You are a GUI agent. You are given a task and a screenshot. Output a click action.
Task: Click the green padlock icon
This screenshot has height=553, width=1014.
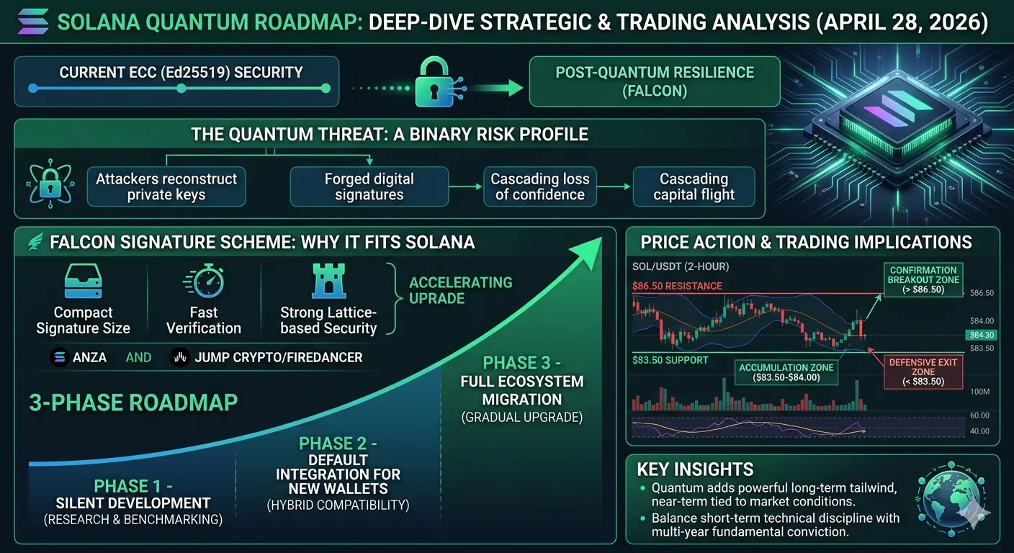[434, 82]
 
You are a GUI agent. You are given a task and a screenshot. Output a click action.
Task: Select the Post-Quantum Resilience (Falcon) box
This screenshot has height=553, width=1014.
[655, 81]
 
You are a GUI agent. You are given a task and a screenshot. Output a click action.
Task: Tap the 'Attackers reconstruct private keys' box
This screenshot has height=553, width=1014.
[166, 186]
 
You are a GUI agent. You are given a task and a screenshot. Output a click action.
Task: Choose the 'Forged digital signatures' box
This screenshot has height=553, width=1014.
[369, 186]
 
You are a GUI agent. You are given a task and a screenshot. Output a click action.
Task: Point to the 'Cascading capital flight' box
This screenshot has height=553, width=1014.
[694, 186]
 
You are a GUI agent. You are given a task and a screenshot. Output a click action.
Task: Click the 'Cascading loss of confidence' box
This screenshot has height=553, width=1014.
[539, 186]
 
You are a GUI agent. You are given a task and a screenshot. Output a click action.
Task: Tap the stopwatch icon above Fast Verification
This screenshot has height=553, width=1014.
[204, 281]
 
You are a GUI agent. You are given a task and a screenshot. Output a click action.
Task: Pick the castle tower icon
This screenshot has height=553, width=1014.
[328, 281]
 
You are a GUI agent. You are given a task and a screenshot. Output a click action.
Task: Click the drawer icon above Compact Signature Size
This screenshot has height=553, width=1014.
[84, 281]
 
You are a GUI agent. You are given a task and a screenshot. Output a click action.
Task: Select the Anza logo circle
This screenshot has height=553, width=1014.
[59, 357]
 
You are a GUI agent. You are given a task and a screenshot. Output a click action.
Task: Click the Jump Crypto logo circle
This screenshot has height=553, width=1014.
[180, 357]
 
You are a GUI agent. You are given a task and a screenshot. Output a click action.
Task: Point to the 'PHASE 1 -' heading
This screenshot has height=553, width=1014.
[133, 486]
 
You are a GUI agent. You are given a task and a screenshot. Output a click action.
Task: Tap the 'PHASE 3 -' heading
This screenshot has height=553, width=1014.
[522, 363]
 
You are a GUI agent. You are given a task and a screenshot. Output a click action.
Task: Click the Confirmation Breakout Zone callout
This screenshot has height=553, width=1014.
[923, 279]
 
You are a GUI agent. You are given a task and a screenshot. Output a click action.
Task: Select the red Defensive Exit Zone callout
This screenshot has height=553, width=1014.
[923, 372]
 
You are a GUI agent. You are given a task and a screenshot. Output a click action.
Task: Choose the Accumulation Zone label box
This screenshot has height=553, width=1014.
[786, 372]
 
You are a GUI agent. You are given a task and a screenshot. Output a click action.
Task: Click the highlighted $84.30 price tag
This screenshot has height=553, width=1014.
[982, 335]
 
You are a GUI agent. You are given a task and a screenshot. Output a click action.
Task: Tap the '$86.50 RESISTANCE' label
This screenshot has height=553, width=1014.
[677, 286]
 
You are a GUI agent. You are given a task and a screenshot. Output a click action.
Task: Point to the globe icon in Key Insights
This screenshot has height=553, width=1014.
[951, 498]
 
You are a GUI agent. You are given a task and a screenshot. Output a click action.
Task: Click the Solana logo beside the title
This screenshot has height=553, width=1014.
[33, 22]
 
